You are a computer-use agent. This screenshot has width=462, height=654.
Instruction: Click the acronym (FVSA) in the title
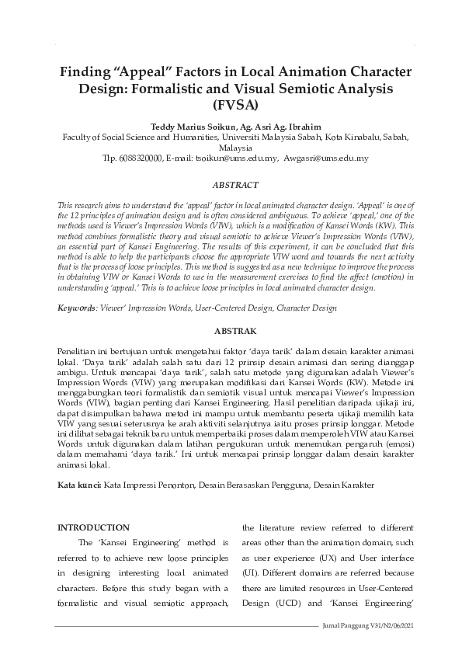tap(231, 103)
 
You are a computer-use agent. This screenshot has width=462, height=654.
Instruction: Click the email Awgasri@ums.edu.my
tap(325, 158)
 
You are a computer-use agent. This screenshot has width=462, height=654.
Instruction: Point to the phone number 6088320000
tap(136, 158)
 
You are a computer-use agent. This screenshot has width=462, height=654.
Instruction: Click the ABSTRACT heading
tap(231, 186)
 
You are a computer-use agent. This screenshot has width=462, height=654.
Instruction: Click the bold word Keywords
tap(76, 308)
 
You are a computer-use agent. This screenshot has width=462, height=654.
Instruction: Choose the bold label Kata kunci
tap(79, 485)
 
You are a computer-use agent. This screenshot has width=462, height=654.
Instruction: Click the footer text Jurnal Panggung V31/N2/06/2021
tap(367, 626)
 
